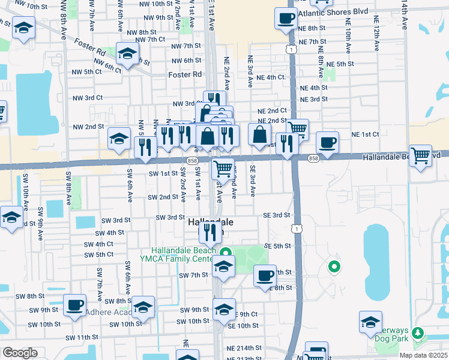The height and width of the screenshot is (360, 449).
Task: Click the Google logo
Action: (19, 353)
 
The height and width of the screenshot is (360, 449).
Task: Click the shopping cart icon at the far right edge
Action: (421, 156)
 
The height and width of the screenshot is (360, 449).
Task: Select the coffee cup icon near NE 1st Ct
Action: (327, 143)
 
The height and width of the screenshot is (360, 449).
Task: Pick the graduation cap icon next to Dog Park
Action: (371, 322)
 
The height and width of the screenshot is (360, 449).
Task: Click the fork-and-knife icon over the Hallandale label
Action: (210, 231)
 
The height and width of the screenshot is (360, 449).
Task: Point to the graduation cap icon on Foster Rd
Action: (127, 54)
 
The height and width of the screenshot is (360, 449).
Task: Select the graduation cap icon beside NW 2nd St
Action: (119, 139)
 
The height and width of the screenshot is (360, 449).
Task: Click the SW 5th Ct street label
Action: (99, 254)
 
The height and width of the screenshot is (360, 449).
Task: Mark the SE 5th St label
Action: (277, 246)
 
